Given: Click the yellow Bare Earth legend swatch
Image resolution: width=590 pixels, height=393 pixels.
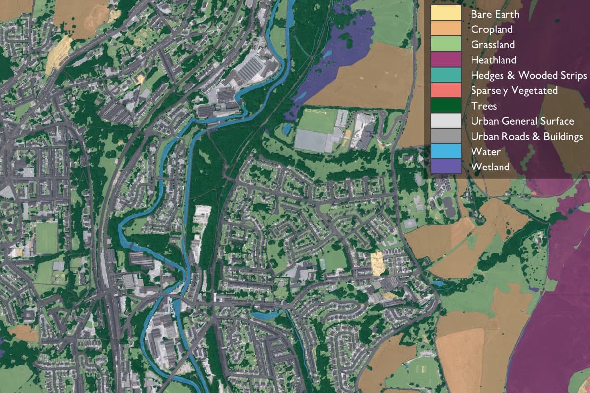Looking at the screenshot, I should tap(446, 13).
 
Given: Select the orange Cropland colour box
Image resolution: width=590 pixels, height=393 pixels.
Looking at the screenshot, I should tap(446, 29).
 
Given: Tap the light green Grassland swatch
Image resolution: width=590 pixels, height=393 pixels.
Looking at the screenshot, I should tap(446, 44).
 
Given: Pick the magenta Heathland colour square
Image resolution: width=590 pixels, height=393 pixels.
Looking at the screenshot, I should tap(446, 59).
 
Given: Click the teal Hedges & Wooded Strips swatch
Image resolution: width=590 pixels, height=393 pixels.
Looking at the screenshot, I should tap(446, 75).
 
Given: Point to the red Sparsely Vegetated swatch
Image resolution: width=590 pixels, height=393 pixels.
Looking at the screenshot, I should tap(446, 90).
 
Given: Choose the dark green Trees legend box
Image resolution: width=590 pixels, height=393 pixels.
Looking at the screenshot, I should tap(446, 106).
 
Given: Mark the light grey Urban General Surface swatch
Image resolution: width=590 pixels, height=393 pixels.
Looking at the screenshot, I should tap(446, 121).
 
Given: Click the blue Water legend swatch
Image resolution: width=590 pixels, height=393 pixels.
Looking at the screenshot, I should tap(446, 151).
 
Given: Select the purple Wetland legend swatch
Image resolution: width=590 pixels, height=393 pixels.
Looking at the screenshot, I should tap(446, 167).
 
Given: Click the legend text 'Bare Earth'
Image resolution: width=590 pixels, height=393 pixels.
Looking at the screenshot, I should tap(495, 14).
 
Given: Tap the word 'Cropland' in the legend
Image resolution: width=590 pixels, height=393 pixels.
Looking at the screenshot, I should tap(492, 29).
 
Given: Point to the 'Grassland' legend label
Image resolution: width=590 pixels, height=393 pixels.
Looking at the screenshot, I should tap(493, 45).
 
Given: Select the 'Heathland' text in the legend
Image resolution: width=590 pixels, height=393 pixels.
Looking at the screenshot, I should tap(494, 60).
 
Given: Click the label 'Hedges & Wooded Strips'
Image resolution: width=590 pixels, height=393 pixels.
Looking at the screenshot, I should tap(529, 76).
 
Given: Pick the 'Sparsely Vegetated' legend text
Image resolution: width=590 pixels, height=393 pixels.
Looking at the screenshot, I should tap(514, 91).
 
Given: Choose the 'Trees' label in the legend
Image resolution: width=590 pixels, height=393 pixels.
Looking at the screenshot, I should tap(483, 106).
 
